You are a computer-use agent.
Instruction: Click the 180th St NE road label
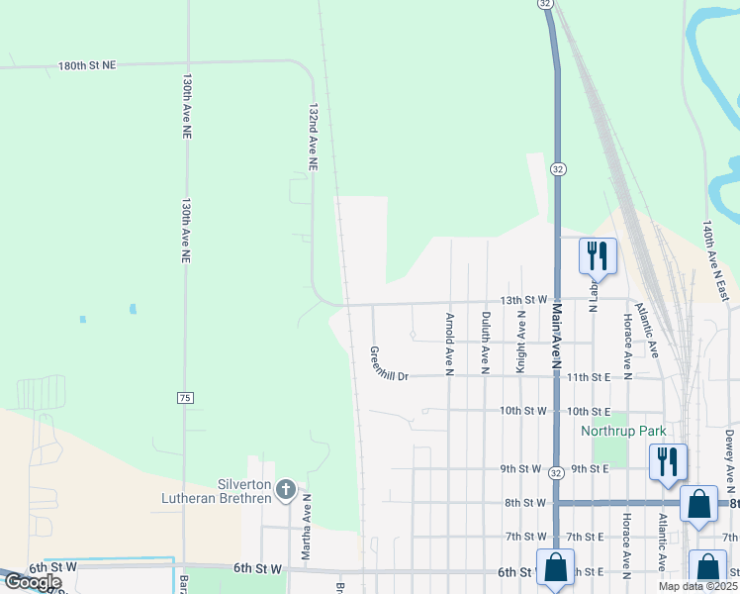(87, 65)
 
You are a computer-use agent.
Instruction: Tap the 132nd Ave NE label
(313, 138)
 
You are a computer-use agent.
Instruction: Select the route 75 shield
(185, 397)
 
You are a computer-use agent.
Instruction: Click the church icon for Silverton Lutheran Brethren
(285, 489)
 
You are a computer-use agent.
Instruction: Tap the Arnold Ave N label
(449, 345)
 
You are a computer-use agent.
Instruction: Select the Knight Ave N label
(520, 342)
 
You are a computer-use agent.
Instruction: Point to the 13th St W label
(523, 299)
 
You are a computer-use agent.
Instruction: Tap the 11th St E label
(589, 377)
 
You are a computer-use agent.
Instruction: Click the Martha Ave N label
(307, 525)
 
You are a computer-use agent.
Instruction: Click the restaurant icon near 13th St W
(598, 256)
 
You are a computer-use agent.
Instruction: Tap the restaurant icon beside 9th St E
(668, 461)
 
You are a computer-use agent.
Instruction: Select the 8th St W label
(523, 503)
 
